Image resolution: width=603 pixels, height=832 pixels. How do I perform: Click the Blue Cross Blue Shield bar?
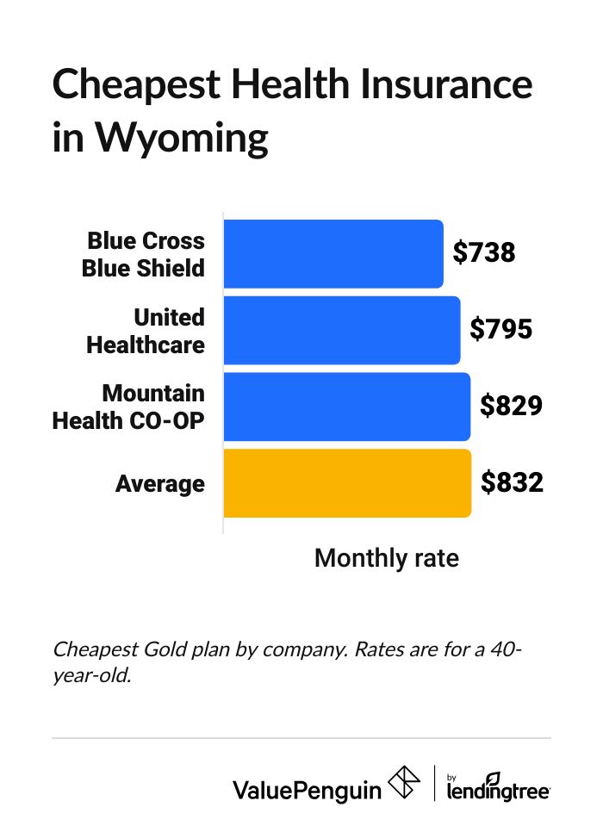[x=333, y=254]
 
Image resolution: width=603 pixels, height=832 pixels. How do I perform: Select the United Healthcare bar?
[x=342, y=330]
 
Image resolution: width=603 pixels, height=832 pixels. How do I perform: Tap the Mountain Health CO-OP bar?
[x=347, y=407]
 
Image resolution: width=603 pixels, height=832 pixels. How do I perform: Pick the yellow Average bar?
[x=347, y=483]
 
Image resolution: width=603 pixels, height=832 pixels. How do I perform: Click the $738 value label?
[x=484, y=253]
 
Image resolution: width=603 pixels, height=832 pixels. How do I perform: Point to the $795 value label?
[x=501, y=330]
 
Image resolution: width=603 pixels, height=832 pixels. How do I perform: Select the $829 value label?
[x=511, y=407]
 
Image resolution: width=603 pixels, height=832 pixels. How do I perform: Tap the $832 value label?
[x=512, y=483]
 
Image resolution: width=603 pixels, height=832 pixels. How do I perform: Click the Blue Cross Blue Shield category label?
[x=144, y=254]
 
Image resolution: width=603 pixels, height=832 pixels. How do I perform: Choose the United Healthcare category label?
[x=146, y=331]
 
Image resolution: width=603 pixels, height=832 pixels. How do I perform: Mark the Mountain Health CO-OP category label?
[x=129, y=407]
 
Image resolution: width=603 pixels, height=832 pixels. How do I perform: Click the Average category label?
[x=160, y=484]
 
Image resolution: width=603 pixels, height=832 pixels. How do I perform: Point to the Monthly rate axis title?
[x=387, y=558]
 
